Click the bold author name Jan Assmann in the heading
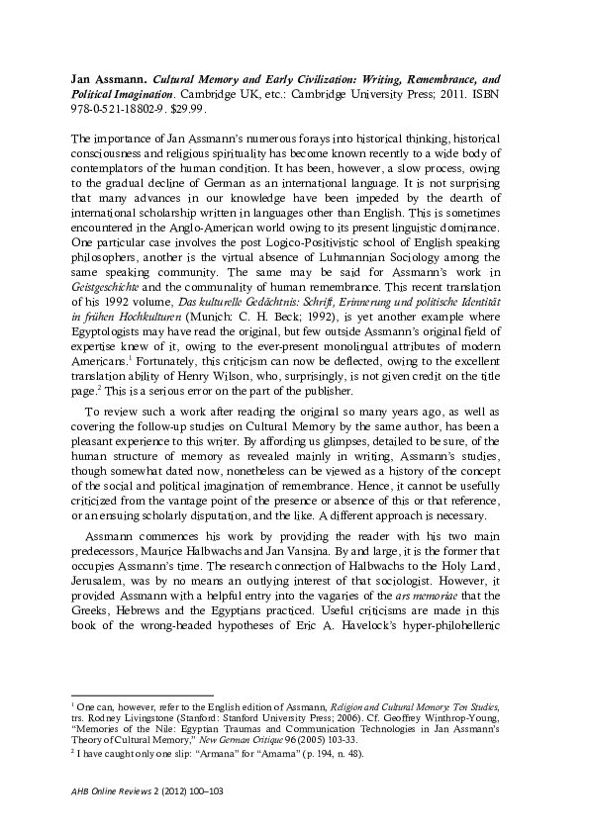click(110, 75)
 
